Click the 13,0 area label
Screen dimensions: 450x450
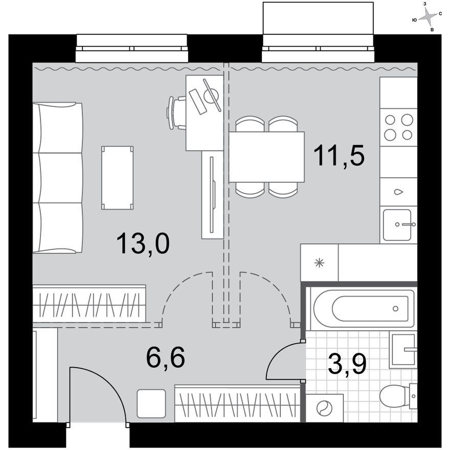pos(143,243)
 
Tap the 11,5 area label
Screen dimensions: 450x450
pos(339,155)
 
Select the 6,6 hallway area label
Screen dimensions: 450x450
pos(165,357)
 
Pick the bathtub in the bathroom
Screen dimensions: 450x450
pos(364,309)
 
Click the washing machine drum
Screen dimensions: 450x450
pos(325,408)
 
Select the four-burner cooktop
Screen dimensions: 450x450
pos(398,127)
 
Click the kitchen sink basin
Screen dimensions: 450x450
pos(397,224)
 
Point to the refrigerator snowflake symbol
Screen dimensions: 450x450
pos(319,263)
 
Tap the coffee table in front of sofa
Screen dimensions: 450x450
pos(118,178)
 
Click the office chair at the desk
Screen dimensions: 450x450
pos(176,113)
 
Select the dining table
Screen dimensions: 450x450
pos(266,156)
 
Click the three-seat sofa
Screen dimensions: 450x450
pos(58,178)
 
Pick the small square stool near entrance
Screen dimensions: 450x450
pos(151,403)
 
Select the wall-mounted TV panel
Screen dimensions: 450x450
pos(212,195)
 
